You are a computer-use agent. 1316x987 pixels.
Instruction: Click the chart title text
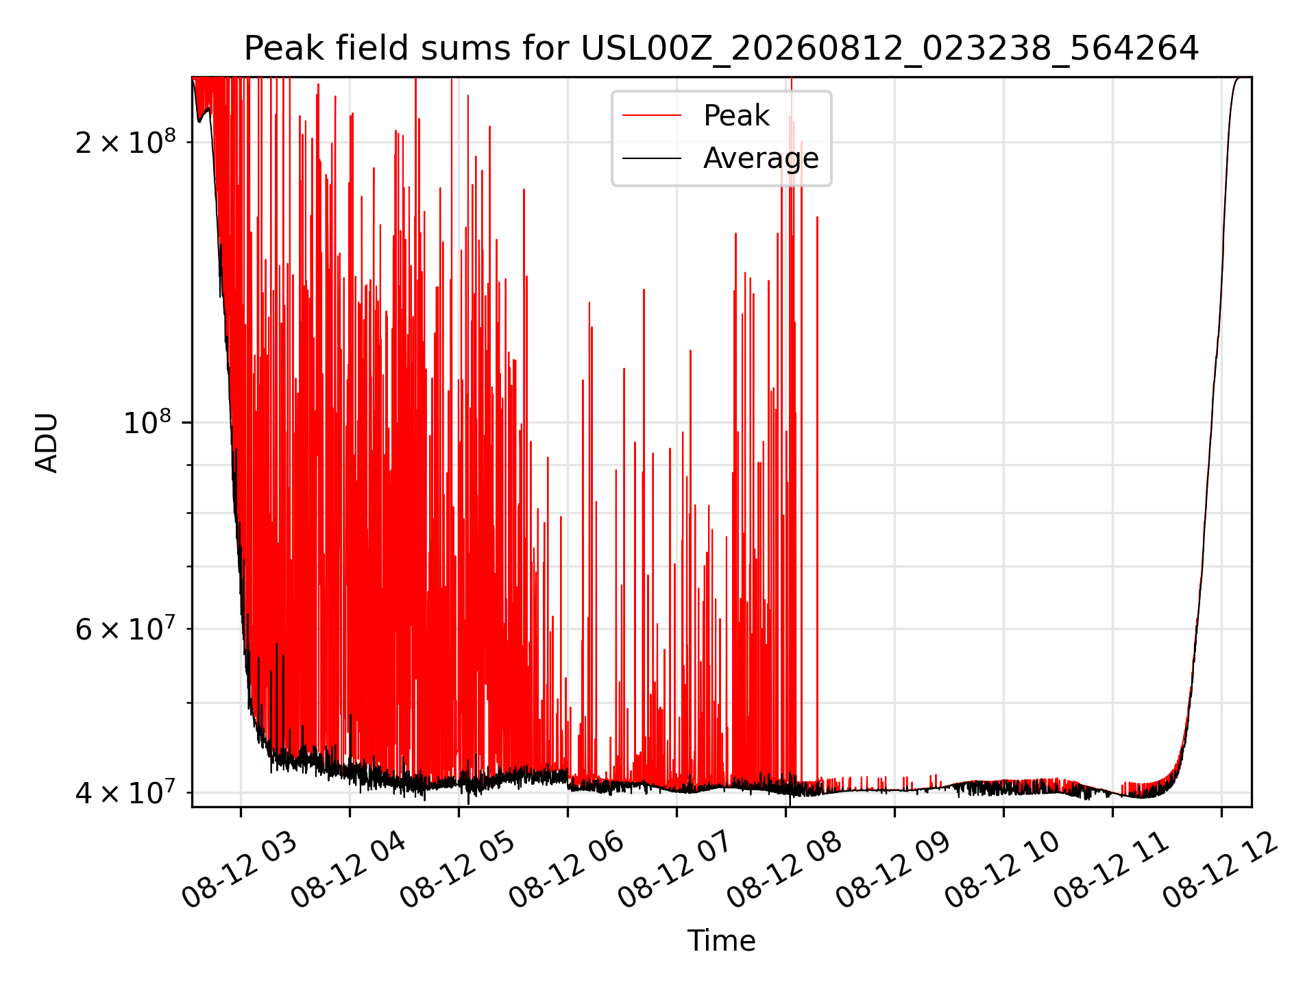point(721,49)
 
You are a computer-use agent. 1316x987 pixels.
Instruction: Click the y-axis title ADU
point(47,442)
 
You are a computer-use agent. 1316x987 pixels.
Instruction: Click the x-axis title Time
point(721,940)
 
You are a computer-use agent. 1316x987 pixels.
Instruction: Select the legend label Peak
point(736,116)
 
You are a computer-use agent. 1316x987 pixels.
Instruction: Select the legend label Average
point(761,158)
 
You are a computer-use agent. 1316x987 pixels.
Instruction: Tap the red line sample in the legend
point(652,116)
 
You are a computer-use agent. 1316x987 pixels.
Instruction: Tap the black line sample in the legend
point(652,158)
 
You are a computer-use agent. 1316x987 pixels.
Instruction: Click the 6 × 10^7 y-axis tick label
point(125,628)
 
